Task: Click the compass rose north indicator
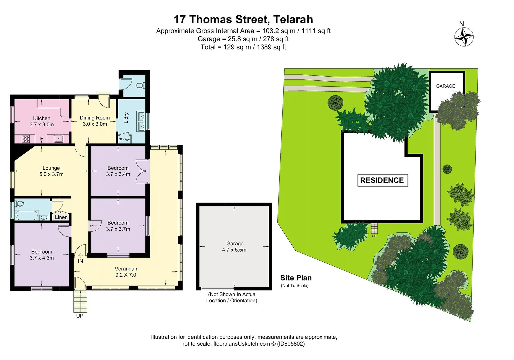(464, 36)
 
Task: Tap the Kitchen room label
(42, 118)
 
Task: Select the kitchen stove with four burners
(26, 138)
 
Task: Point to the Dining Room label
(95, 118)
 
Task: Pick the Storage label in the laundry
(124, 139)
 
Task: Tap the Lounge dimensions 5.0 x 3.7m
(51, 174)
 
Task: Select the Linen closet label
(61, 217)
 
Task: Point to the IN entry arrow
(80, 257)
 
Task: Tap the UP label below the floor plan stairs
(80, 316)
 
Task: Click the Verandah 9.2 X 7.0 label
(126, 272)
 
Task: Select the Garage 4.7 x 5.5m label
(235, 247)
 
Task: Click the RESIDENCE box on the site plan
(382, 180)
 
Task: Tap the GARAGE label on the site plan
(445, 86)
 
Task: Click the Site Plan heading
(296, 278)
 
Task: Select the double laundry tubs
(141, 121)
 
